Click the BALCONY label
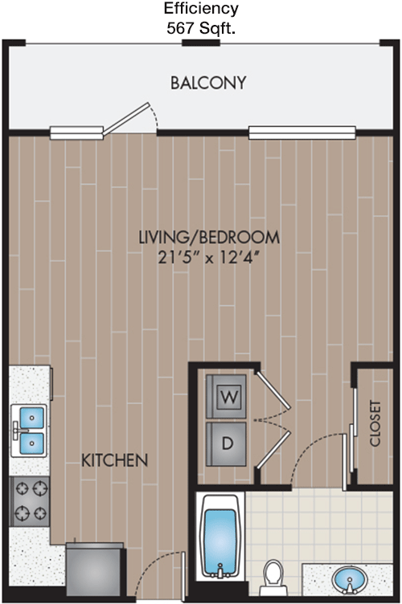click(x=208, y=83)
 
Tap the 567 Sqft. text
click(x=201, y=28)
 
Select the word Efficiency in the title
click(x=201, y=9)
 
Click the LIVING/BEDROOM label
click(x=209, y=237)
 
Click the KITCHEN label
click(x=114, y=460)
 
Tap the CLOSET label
click(x=375, y=423)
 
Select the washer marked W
click(x=226, y=397)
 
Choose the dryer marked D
click(x=226, y=443)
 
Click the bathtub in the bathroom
click(x=220, y=537)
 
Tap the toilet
click(x=273, y=577)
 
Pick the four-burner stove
click(x=30, y=502)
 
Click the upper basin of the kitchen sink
click(x=31, y=417)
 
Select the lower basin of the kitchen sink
click(x=31, y=443)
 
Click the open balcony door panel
click(x=125, y=119)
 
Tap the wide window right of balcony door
click(x=301, y=132)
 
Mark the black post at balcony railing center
click(x=201, y=43)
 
